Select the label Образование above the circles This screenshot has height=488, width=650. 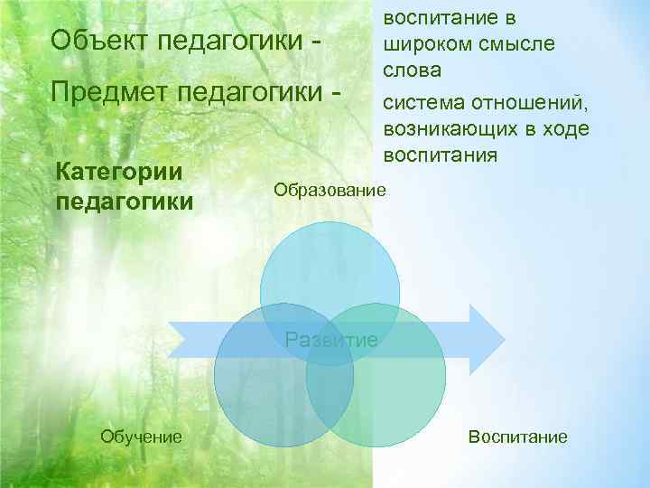330,191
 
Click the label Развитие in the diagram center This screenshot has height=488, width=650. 331,340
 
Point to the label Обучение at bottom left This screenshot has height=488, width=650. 141,436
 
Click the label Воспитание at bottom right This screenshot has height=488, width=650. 518,436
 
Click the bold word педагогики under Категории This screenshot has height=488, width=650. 125,201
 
